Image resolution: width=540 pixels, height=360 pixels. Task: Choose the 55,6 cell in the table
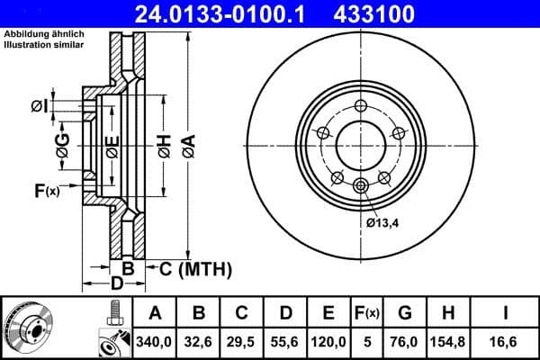(x=285, y=343)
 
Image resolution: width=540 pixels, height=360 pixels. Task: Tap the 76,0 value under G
(x=403, y=343)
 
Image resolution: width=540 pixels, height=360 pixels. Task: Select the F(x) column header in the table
(x=367, y=313)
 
